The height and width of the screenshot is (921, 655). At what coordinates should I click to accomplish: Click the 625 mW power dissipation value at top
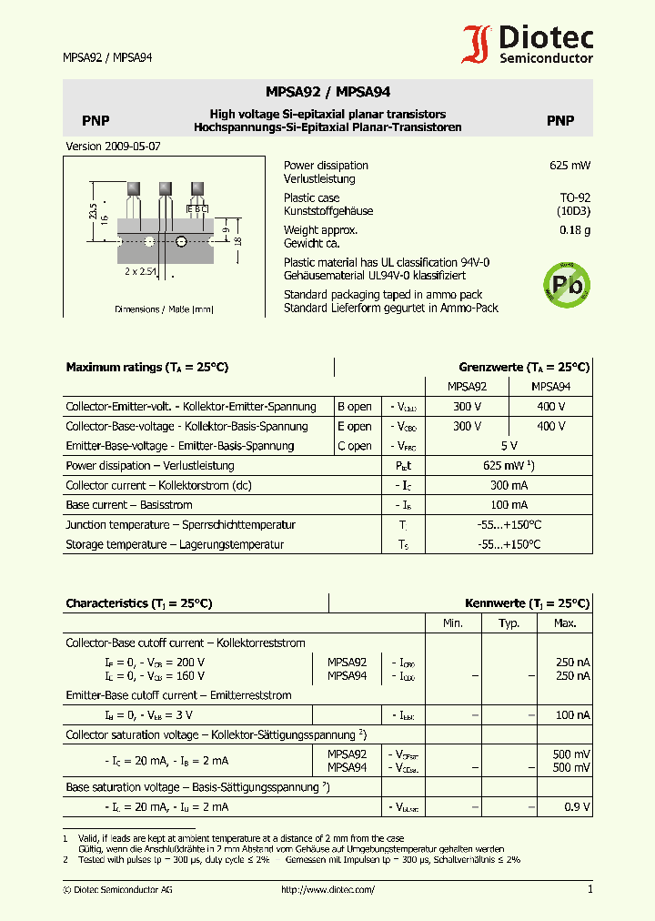(x=570, y=166)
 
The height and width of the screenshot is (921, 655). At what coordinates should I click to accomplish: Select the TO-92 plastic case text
(x=574, y=197)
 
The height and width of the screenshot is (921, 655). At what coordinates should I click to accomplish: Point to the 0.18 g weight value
(x=574, y=230)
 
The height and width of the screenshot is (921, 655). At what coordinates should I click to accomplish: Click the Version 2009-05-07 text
(x=113, y=147)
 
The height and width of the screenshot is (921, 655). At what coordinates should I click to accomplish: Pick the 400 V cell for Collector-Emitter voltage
(x=550, y=406)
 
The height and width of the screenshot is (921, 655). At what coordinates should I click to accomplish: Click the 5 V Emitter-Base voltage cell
(x=509, y=446)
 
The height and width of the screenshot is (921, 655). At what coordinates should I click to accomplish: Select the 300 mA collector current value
(x=509, y=485)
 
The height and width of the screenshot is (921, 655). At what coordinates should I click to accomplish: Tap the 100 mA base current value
(x=509, y=505)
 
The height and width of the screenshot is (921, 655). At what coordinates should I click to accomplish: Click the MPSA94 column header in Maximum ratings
(x=550, y=387)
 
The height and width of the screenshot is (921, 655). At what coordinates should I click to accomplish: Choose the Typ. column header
(x=509, y=623)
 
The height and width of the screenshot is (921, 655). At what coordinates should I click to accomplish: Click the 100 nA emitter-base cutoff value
(x=572, y=715)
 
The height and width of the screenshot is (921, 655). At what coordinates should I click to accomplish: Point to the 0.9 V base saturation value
(x=577, y=807)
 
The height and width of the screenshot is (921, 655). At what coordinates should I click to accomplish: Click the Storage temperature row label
(x=175, y=545)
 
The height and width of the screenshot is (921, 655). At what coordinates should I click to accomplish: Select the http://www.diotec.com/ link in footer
(x=327, y=889)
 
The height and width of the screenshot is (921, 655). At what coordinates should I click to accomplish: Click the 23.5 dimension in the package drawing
(x=93, y=210)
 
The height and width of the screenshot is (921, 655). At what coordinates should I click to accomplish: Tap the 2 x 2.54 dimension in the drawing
(x=141, y=271)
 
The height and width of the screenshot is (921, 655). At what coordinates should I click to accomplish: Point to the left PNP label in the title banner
(x=96, y=121)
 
